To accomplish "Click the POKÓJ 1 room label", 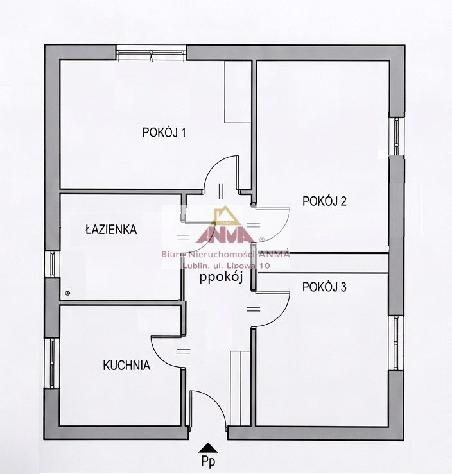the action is click(164, 132).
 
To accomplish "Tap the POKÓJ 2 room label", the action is click(324, 201).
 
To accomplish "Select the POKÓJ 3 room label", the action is click(324, 287).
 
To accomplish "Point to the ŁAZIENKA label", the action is click(111, 229).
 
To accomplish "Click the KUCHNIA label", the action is click(126, 366).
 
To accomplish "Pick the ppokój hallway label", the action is click(221, 278).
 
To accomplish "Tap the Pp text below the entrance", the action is click(209, 461).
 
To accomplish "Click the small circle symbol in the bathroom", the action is click(67, 292).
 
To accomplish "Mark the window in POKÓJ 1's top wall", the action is click(151, 53).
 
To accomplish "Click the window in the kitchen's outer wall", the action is click(53, 363).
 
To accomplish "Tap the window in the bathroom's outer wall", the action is click(53, 264).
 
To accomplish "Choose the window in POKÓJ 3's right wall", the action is click(396, 343).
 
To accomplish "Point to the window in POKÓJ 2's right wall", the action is click(396, 136).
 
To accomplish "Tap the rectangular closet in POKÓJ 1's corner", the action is click(238, 92).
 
